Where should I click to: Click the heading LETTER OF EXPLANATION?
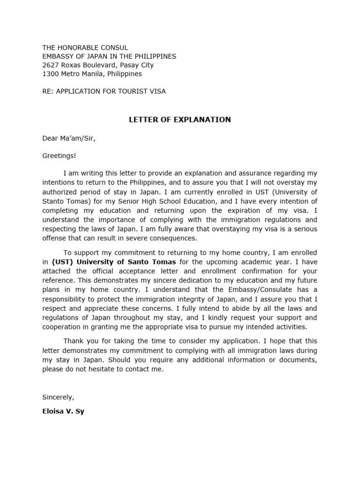click(x=180, y=120)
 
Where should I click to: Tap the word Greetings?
click(x=59, y=156)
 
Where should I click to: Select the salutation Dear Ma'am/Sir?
click(x=69, y=138)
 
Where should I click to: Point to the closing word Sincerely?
click(x=58, y=397)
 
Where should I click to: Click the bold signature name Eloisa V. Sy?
click(x=64, y=412)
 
